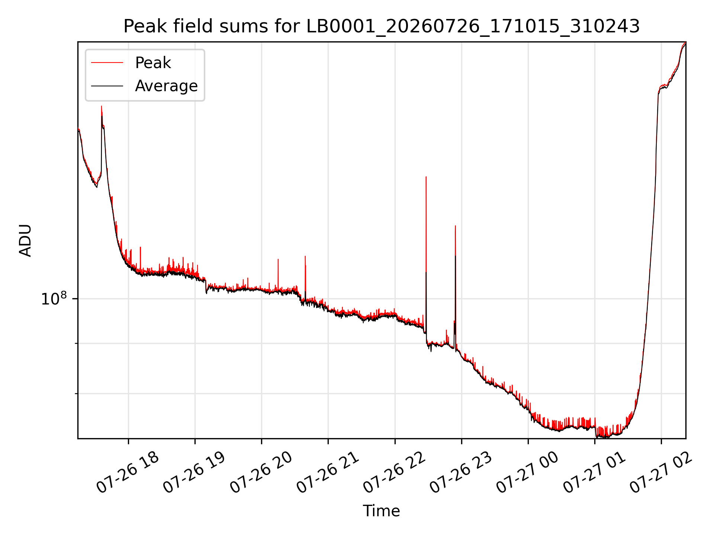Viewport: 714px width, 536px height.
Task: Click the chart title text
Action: pos(382,26)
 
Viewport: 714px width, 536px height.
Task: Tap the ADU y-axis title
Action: pos(25,240)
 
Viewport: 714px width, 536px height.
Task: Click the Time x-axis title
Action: pos(382,511)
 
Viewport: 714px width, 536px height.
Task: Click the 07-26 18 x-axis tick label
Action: pos(128,473)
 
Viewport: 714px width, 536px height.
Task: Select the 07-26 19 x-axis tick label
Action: pos(194,473)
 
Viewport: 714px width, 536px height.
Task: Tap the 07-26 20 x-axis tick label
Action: pos(261,473)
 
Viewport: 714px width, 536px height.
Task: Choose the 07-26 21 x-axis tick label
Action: pos(327,473)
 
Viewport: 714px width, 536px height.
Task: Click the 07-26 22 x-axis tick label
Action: pos(394,473)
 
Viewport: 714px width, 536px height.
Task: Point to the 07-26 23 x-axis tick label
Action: pos(460,473)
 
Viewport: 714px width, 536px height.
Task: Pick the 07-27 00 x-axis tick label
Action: pos(527,473)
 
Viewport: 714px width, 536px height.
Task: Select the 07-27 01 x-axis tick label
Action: pos(594,473)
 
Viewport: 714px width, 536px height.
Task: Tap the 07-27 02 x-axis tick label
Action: pos(660,473)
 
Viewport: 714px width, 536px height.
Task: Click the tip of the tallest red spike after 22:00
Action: pos(426,177)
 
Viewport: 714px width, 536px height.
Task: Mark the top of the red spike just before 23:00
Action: pos(455,226)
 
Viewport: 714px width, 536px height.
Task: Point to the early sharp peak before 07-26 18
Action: pos(102,106)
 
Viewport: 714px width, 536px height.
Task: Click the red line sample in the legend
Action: pos(107,63)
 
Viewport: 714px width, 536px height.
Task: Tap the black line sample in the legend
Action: pos(107,86)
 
